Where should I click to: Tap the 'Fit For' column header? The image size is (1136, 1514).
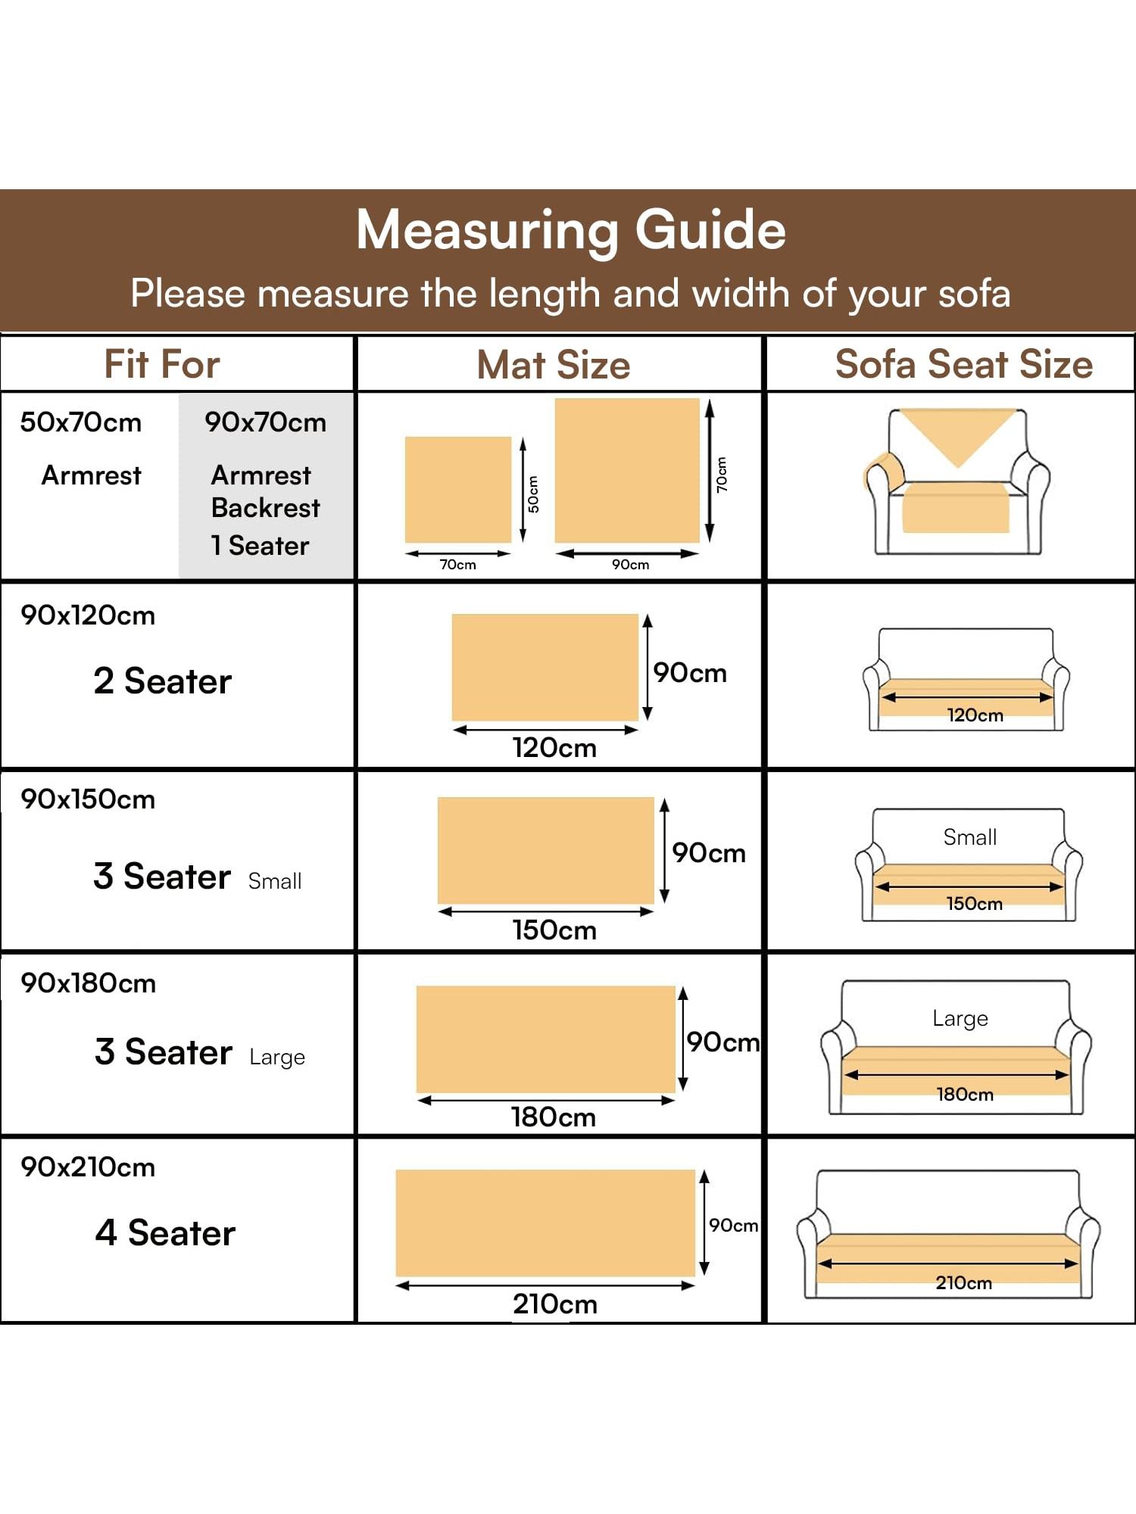pyautogui.click(x=162, y=364)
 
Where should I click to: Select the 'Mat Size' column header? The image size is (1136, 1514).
pyautogui.click(x=554, y=365)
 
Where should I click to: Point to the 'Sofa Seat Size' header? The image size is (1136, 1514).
pyautogui.click(x=963, y=364)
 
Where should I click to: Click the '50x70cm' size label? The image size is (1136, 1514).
pyautogui.click(x=81, y=422)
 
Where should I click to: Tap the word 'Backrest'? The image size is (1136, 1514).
pyautogui.click(x=266, y=508)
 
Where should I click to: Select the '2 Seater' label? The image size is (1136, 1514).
pyautogui.click(x=162, y=681)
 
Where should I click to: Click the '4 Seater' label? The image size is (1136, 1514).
pyautogui.click(x=165, y=1233)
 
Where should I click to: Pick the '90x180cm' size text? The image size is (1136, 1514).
pyautogui.click(x=88, y=983)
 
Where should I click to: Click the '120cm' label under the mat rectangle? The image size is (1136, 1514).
pyautogui.click(x=554, y=748)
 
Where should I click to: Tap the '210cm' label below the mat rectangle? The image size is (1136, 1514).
pyautogui.click(x=555, y=1304)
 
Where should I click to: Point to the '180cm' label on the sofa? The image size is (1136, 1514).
pyautogui.click(x=965, y=1095)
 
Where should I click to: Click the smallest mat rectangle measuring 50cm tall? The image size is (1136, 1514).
pyautogui.click(x=458, y=489)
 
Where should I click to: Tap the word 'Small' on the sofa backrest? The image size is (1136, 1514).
pyautogui.click(x=969, y=837)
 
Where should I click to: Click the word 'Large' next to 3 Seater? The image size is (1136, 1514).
pyautogui.click(x=277, y=1058)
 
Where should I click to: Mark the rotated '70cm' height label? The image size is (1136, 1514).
pyautogui.click(x=722, y=475)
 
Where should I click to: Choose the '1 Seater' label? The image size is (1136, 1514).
pyautogui.click(x=260, y=546)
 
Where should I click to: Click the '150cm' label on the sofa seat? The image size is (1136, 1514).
pyautogui.click(x=975, y=904)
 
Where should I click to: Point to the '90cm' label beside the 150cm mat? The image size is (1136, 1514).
pyautogui.click(x=709, y=853)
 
